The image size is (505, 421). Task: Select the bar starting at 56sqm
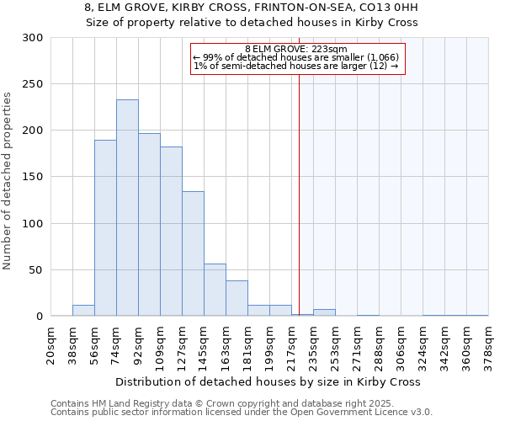coord(105,227)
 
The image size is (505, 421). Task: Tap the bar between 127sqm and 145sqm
coord(193,253)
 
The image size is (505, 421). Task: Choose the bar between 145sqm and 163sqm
coord(215,290)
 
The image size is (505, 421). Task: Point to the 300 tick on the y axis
coord(33,38)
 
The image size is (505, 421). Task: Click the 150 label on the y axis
coord(33,177)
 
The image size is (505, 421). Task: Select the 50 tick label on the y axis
coord(36,270)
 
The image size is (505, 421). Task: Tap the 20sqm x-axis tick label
coord(50,346)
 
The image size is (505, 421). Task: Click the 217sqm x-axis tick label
coord(291,346)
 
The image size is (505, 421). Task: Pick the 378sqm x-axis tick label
coord(488,346)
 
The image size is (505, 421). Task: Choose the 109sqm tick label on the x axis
coord(160,346)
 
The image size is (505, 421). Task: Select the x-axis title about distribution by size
coord(269,381)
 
